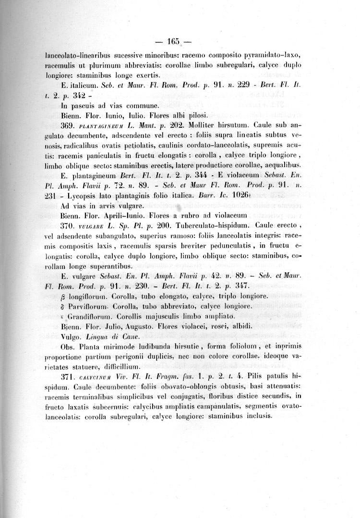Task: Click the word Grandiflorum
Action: pos(92,316)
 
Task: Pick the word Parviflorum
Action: pos(92,306)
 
